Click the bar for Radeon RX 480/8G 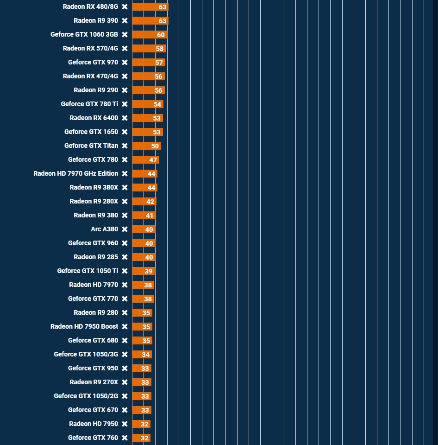[150, 7]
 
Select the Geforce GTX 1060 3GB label [84, 34]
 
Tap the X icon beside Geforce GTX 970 [125, 62]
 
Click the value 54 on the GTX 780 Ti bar [157, 104]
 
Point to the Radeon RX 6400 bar [147, 118]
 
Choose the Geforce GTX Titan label [91, 146]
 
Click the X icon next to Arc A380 [125, 229]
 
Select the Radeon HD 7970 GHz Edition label [76, 173]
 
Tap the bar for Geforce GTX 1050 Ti [143, 271]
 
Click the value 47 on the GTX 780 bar [153, 160]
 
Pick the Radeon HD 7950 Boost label [84, 326]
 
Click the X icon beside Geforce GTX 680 [125, 340]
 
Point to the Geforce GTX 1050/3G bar [142, 355]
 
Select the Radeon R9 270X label [94, 382]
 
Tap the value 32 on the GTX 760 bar [144, 438]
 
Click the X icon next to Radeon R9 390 [125, 20]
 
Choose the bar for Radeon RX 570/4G [149, 49]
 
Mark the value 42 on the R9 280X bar [150, 202]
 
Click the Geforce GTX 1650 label [91, 132]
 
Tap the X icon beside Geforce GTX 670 [125, 410]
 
